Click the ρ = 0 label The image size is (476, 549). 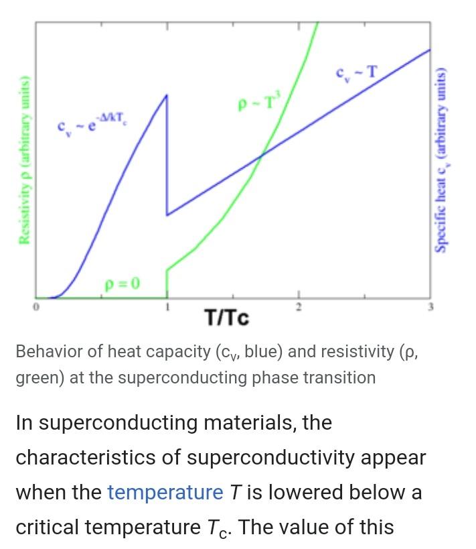click(x=122, y=283)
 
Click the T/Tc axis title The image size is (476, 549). click(x=227, y=317)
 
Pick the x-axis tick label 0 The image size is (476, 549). click(x=37, y=308)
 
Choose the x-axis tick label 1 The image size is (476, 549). click(x=167, y=308)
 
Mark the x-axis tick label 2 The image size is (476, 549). click(x=299, y=308)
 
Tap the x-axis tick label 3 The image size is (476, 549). click(x=430, y=308)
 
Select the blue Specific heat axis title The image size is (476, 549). click(x=442, y=161)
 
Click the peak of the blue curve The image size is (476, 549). click(x=167, y=96)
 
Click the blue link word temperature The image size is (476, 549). click(x=165, y=493)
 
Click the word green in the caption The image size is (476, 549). click(x=39, y=377)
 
